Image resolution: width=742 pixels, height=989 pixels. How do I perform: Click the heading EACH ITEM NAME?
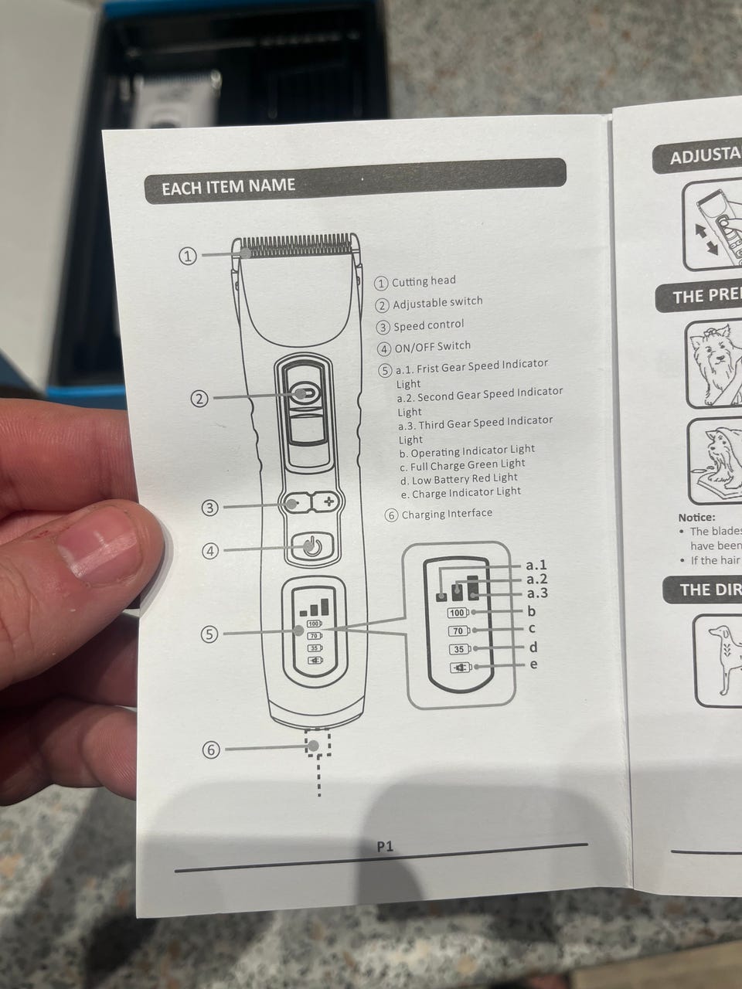tap(228, 186)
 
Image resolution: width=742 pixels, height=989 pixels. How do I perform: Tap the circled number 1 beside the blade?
tap(188, 256)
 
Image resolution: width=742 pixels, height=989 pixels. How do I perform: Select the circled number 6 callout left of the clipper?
tap(210, 749)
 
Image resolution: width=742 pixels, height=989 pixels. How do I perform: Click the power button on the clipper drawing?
tap(311, 548)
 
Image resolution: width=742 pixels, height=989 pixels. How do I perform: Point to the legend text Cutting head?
tap(424, 281)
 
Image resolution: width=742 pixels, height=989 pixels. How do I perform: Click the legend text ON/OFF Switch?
tap(432, 347)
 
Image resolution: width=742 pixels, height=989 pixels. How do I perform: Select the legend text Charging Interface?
tap(447, 514)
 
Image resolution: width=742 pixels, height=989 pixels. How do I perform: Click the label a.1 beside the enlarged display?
tap(536, 565)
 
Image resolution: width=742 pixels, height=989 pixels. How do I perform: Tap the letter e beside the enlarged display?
tap(534, 664)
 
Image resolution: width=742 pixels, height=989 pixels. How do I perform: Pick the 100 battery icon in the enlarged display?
tap(458, 613)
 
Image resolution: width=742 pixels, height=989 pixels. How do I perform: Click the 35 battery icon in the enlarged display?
tap(459, 649)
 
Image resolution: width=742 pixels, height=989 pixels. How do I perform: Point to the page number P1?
tap(385, 847)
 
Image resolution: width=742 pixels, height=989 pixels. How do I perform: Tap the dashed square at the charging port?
tap(318, 744)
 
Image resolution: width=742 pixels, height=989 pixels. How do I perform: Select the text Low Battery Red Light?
tap(464, 479)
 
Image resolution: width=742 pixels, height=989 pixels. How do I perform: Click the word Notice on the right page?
tap(696, 518)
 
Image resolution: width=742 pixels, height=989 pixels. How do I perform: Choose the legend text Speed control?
tap(429, 325)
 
